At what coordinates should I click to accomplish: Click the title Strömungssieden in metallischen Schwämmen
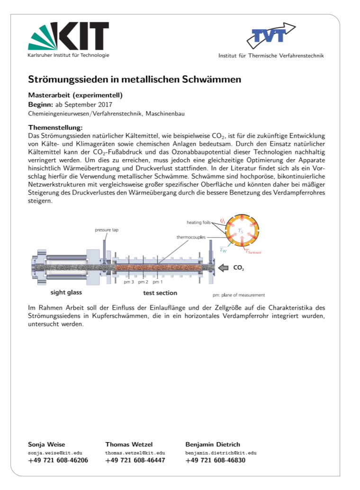point(135,79)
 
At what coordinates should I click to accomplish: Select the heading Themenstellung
point(55,127)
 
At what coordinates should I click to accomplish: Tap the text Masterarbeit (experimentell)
point(75,95)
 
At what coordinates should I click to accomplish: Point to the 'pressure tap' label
point(107,230)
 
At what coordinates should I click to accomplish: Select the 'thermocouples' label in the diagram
point(191,237)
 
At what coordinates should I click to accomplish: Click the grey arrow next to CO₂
point(224,268)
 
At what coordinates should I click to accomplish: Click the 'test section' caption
point(160,293)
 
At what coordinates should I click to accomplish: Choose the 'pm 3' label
point(129,282)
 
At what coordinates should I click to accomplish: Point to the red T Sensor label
point(252,252)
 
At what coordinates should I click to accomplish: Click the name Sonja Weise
point(46,444)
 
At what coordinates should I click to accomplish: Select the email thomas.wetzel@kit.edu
point(135,453)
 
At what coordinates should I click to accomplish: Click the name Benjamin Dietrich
point(212,444)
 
